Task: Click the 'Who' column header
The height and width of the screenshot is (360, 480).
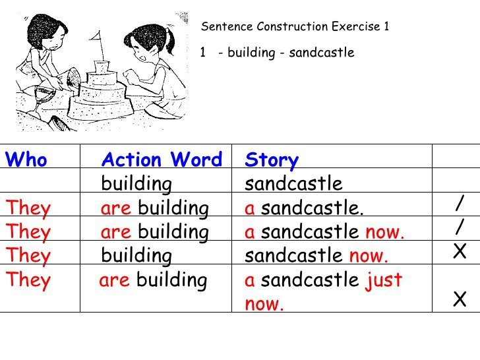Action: coord(26,159)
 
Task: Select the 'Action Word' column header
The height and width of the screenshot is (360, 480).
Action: coord(162,159)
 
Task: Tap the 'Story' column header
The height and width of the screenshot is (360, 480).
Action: coord(272,160)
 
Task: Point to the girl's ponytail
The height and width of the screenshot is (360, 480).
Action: coord(170,41)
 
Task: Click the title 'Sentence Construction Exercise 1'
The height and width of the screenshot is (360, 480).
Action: coord(295,26)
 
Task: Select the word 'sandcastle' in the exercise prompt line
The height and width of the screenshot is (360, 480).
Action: coord(322,52)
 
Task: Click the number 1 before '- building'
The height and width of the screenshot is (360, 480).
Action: coord(202,52)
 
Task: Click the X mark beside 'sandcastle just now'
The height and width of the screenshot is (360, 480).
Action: coord(460,299)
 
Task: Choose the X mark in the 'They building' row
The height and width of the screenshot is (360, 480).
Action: coord(460,251)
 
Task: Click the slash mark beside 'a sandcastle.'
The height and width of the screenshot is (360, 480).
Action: coord(460,203)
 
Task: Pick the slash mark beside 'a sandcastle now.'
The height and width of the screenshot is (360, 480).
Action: coord(460,227)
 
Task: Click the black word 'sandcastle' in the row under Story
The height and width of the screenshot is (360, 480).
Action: coord(293,184)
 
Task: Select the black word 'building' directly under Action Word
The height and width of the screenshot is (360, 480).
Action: coord(136,185)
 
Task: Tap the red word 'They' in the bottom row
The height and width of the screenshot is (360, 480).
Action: coord(28,280)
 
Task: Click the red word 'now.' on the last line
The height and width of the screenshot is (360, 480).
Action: coord(264,304)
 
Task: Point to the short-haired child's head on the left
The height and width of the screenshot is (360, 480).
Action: coord(47,32)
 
